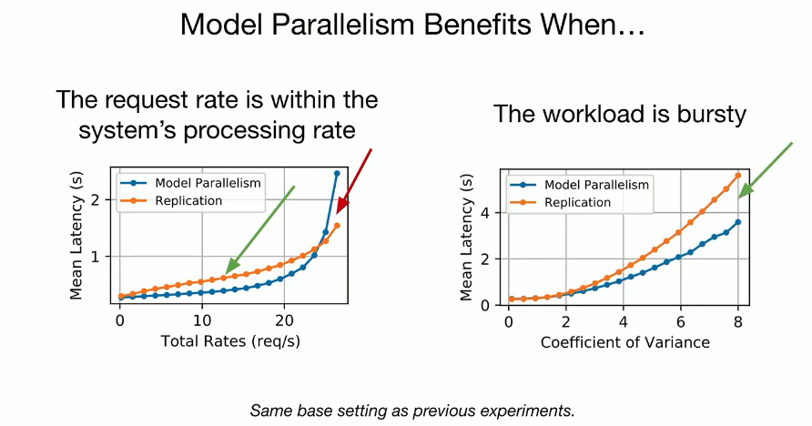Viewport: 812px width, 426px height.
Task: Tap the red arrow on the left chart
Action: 355,180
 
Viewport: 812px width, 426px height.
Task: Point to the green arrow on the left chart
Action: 260,228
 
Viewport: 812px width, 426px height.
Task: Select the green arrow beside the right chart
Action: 766,170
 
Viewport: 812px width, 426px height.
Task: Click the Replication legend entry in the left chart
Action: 171,201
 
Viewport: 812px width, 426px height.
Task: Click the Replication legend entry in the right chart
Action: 561,202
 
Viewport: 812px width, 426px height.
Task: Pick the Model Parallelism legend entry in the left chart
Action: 190,183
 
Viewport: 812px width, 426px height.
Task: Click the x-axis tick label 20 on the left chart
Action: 284,321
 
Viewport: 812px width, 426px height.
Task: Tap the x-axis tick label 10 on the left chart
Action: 202,321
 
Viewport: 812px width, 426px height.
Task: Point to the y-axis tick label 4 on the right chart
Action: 484,213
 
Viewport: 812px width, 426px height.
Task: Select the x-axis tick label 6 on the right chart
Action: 681,322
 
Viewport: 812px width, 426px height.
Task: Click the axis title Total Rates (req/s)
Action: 230,341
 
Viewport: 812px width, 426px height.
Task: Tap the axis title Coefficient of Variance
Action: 625,342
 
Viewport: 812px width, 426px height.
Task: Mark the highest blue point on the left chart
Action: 337,173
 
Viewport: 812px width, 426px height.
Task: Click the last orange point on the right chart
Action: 738,176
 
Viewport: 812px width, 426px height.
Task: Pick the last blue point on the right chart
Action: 738,222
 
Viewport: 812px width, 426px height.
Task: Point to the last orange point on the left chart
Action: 337,225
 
